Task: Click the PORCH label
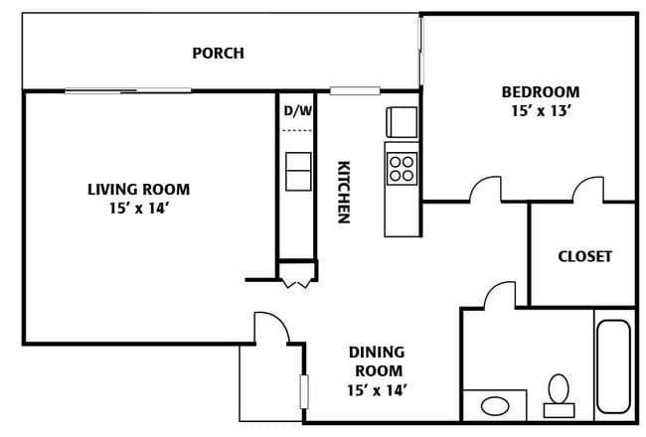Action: click(218, 53)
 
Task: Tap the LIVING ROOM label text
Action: click(139, 190)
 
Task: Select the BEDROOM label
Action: click(541, 91)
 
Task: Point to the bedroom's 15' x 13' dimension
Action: click(541, 111)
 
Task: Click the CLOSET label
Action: click(584, 256)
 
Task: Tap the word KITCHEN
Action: click(344, 192)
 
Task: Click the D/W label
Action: click(298, 110)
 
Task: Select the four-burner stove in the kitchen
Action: click(402, 169)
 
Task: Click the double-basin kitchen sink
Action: click(298, 172)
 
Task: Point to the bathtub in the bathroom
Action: click(613, 366)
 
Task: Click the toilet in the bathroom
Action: click(559, 395)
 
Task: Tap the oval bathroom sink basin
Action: click(495, 405)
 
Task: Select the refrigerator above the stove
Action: click(402, 122)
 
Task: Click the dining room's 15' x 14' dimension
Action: click(377, 390)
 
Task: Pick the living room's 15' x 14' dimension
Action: click(139, 209)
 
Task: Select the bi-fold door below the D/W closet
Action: click(296, 284)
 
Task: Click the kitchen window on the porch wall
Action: click(355, 90)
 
